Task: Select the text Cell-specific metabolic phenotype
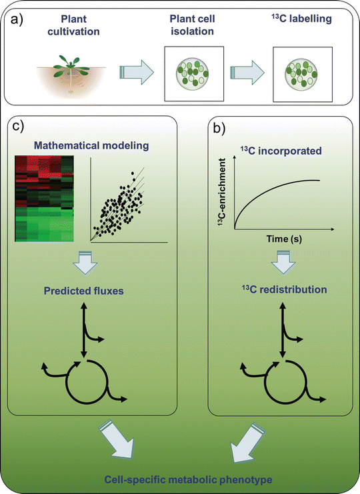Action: (x=180, y=479)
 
